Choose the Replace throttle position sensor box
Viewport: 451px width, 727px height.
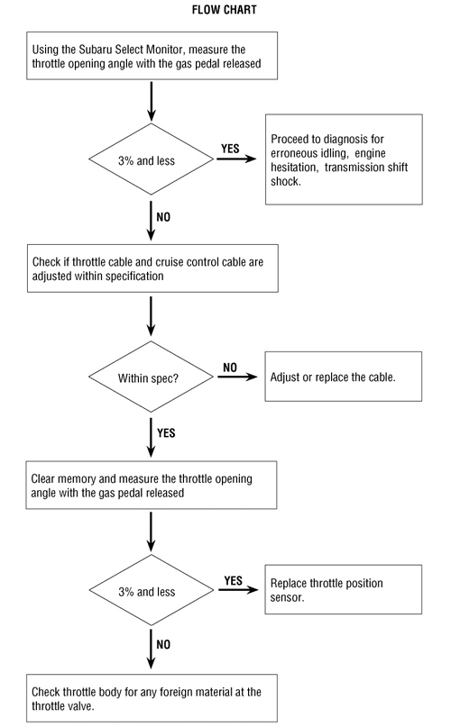(x=343, y=590)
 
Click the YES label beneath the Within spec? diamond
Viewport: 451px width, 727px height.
(x=166, y=432)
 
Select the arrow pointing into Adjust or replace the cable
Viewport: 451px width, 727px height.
(x=236, y=377)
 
